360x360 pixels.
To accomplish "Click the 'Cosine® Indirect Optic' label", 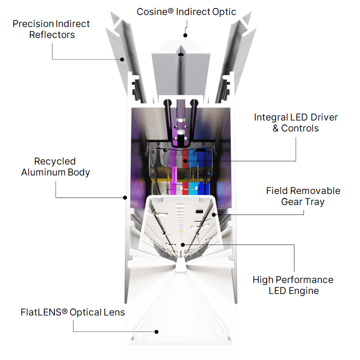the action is point(186,12).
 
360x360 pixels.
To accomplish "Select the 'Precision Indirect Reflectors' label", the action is point(51,29).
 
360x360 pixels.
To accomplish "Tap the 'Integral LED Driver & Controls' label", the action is point(295,122).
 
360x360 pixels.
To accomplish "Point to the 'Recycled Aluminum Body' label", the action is point(55,166).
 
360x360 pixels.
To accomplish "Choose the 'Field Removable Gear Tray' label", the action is point(303,196).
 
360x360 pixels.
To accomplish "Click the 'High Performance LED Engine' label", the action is point(293,285).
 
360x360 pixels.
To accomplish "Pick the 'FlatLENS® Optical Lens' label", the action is point(72,312).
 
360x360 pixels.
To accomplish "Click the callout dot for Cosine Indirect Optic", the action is point(185,35).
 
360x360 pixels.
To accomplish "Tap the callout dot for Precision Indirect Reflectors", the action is point(122,59).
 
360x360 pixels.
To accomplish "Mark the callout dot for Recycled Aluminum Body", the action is point(125,197).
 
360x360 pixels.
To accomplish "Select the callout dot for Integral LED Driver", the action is point(185,161).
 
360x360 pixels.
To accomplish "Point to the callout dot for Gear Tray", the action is point(214,215).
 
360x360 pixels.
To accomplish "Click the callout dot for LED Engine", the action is point(182,244).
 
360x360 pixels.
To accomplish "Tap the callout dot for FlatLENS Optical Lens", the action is point(156,332).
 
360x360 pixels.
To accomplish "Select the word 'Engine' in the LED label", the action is point(304,291).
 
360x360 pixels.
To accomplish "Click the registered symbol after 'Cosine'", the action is point(170,10).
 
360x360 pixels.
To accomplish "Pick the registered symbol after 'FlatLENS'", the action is point(64,311).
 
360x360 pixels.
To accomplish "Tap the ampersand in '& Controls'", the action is point(275,128).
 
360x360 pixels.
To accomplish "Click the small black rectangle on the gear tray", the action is point(199,211).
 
